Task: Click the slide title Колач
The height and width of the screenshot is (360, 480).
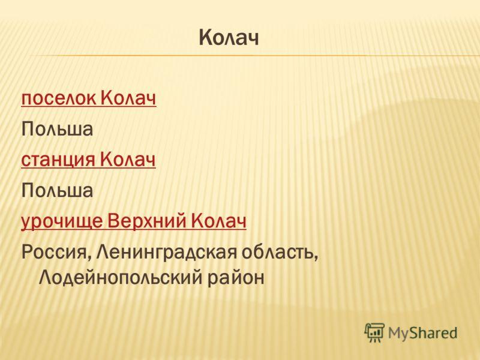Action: [229, 38]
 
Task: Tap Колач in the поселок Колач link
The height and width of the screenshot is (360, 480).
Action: [128, 98]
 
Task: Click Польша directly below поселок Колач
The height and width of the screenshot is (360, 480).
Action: [57, 129]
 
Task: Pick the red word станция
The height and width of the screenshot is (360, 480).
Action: [58, 160]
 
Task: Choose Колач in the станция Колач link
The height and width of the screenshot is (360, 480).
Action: [128, 160]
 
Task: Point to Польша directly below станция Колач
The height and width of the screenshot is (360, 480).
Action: [57, 190]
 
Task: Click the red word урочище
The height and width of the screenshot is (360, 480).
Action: [62, 221]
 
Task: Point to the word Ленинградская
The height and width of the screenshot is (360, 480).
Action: [167, 252]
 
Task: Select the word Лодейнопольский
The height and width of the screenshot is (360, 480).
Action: [121, 278]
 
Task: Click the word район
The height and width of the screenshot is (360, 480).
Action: [236, 278]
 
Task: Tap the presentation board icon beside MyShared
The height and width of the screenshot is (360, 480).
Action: [374, 332]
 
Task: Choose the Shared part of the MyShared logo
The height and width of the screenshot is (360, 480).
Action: [433, 332]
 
